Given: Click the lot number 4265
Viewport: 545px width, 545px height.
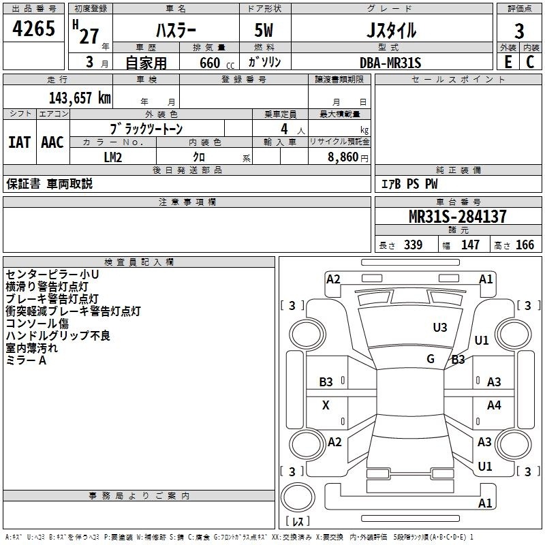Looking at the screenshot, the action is click(33, 28).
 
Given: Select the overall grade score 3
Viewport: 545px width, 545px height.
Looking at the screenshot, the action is click(519, 31).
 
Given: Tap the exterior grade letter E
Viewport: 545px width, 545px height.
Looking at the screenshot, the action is click(508, 62).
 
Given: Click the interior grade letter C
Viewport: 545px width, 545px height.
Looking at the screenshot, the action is click(530, 62).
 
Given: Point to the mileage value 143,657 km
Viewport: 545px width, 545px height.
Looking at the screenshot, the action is click(80, 98).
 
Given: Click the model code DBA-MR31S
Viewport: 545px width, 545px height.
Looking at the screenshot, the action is click(390, 63).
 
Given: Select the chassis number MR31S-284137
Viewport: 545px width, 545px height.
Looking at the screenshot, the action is click(457, 217).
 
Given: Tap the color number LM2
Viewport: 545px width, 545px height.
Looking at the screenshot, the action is click(113, 157).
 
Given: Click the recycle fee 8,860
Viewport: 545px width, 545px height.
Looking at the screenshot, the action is click(343, 157).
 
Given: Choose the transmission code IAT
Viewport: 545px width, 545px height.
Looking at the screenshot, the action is click(20, 142).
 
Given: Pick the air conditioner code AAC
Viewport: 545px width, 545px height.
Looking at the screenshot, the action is click(52, 142).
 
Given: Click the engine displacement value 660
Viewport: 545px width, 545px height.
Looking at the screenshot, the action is click(210, 63).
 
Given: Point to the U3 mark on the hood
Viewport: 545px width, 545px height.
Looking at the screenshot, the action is click(440, 328).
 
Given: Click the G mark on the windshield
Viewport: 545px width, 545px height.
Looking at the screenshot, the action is click(431, 359).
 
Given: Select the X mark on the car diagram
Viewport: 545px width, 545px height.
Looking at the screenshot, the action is click(326, 405).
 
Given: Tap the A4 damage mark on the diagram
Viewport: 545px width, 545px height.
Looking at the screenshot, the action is click(494, 405).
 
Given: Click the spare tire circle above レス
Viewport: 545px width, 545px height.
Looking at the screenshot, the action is click(298, 497).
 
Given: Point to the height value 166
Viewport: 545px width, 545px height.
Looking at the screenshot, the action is click(525, 245).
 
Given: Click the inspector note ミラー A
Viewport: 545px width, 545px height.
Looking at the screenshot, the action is click(26, 360).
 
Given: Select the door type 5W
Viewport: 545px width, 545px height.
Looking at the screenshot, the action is click(264, 30).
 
